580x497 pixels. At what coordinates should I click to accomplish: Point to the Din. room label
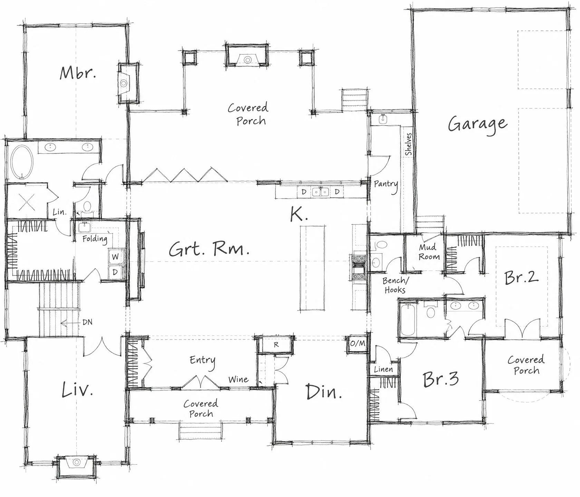click(x=323, y=391)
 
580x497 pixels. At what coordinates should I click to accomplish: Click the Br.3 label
click(x=441, y=379)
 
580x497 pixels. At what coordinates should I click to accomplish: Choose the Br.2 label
click(x=521, y=277)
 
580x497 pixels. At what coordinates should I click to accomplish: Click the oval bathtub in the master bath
click(x=22, y=162)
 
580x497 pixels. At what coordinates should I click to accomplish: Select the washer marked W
click(x=115, y=256)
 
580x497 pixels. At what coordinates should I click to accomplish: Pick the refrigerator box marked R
click(x=276, y=344)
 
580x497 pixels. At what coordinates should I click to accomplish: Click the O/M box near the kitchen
click(x=357, y=344)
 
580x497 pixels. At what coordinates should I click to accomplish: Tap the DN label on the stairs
click(x=87, y=322)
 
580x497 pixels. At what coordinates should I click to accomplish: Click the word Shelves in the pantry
click(x=409, y=144)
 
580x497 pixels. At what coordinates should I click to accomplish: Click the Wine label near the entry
click(x=238, y=379)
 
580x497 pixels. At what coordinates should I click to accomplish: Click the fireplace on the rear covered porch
click(x=247, y=55)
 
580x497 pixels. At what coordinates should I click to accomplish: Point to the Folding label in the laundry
click(x=95, y=239)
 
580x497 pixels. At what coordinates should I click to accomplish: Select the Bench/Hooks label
click(x=395, y=285)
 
